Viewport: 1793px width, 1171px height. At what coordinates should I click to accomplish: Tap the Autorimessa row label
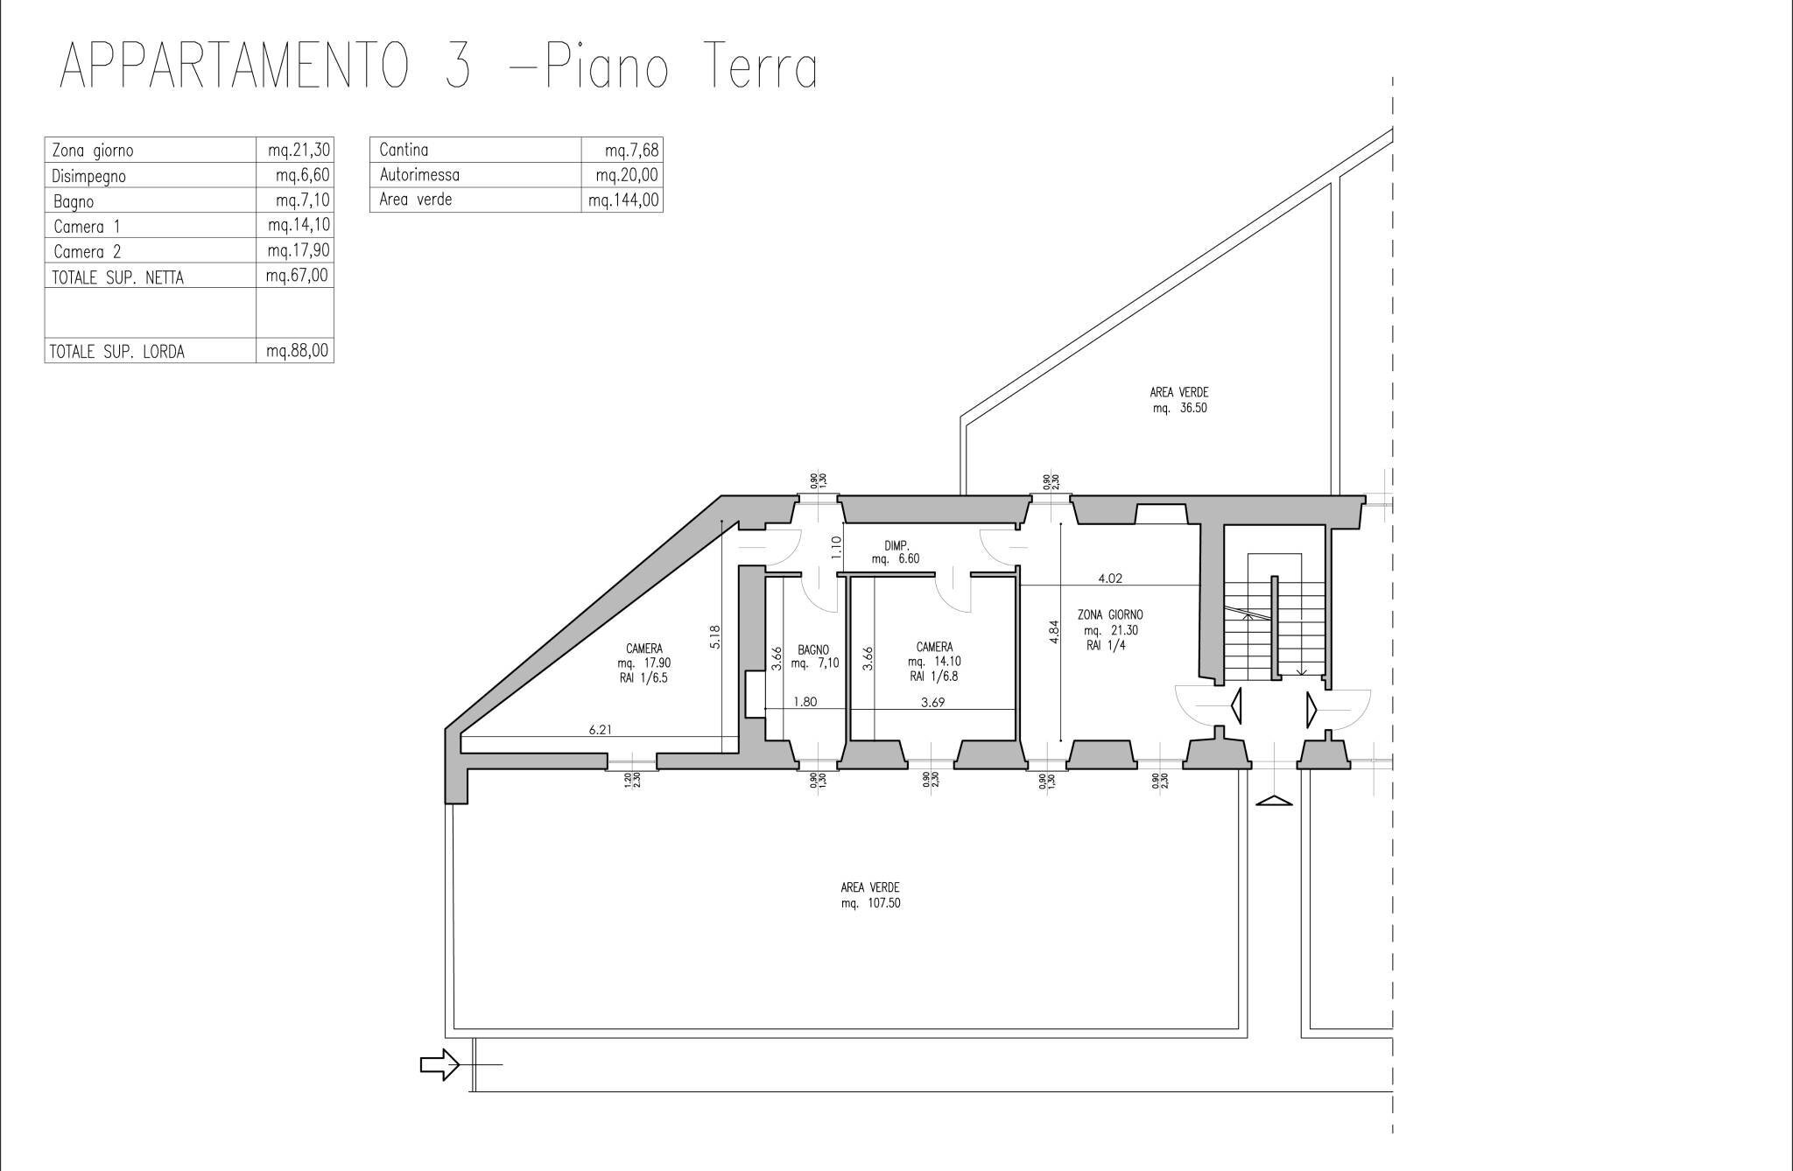(x=419, y=175)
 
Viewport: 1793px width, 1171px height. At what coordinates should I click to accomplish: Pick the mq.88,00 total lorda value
(x=298, y=351)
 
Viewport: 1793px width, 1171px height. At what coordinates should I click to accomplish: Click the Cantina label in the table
(x=404, y=150)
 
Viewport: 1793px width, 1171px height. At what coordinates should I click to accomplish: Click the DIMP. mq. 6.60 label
(x=896, y=552)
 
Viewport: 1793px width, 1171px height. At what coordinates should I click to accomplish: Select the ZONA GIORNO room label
(x=1110, y=615)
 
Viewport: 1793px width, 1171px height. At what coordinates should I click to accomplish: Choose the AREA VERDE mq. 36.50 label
(x=1179, y=400)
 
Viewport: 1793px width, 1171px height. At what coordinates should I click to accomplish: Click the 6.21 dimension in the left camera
(x=600, y=729)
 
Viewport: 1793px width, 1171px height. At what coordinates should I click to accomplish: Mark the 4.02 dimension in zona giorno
(x=1109, y=578)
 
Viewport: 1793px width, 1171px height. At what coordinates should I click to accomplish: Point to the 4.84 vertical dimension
(x=1054, y=632)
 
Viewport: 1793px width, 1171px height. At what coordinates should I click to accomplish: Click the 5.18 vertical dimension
(x=715, y=635)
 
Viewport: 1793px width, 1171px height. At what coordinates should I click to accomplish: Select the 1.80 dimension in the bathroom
(x=805, y=702)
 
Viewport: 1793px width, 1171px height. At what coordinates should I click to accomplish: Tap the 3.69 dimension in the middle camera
(x=932, y=702)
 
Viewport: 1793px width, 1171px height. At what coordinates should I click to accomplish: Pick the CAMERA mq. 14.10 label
(x=934, y=662)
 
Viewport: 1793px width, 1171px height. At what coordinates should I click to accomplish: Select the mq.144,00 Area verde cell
(x=623, y=200)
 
